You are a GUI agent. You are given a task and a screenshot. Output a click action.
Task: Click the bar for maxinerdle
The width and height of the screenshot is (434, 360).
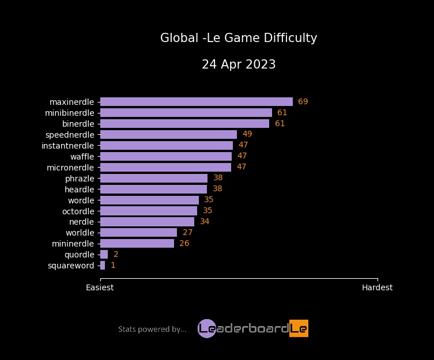point(196,101)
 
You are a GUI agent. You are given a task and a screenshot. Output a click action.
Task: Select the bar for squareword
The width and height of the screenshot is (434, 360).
point(103,266)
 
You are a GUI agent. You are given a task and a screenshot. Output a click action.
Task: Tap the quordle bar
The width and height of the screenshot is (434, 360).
point(104,255)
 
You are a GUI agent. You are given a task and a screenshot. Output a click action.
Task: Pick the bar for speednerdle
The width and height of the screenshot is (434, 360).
point(168,134)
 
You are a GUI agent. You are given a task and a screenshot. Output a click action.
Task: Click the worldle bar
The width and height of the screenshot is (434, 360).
point(138,233)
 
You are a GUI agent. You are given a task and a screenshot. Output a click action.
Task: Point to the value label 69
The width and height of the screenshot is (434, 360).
point(303,101)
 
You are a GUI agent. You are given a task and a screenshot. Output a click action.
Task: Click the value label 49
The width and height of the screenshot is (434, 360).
point(247,134)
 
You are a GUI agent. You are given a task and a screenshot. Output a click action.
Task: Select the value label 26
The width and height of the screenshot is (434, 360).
point(184,244)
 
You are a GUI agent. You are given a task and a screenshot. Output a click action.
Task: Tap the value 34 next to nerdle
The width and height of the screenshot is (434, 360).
point(205,222)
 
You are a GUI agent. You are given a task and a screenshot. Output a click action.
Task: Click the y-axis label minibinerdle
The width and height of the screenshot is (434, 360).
point(69,112)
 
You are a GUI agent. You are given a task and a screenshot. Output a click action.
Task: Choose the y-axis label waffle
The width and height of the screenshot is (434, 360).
point(82,156)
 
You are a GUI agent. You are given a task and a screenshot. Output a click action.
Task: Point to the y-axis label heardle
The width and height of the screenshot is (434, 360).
point(79,189)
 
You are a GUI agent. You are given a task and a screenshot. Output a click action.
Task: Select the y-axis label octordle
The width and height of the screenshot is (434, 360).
point(78,211)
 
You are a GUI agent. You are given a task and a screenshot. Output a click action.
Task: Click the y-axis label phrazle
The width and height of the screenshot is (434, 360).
point(80,178)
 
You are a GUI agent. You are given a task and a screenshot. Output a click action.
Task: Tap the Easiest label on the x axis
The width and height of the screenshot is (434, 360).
point(100,287)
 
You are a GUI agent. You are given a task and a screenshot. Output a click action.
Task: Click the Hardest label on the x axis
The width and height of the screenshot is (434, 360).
point(377,287)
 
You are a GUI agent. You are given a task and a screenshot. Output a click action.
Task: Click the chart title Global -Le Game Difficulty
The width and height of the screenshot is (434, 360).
point(239,38)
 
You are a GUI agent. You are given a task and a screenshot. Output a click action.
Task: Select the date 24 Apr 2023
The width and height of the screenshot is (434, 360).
point(239,65)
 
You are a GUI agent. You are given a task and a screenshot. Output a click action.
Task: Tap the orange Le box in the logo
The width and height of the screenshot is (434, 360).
point(299,328)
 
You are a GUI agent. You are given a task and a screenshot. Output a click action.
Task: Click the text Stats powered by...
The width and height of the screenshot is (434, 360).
point(152,329)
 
